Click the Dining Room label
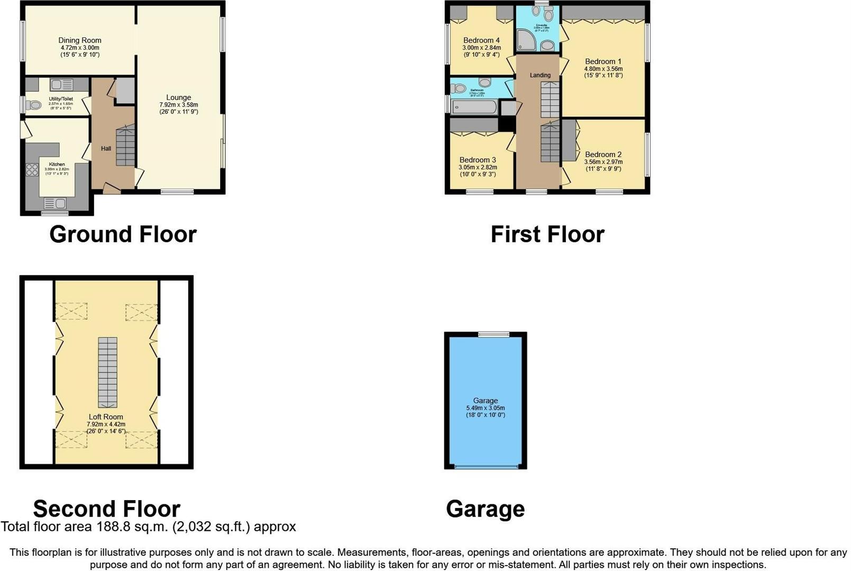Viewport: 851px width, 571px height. (80, 40)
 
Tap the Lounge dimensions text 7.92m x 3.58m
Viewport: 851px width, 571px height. (179, 105)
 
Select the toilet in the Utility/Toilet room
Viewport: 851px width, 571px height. (33, 105)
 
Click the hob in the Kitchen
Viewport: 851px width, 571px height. (32, 170)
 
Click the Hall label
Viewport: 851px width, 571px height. (106, 149)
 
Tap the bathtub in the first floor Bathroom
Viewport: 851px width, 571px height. (474, 107)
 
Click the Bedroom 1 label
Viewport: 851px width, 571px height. (603, 61)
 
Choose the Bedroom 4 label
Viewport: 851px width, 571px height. (481, 40)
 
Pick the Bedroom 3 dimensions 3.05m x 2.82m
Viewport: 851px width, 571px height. (478, 167)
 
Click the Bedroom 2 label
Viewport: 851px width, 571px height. (603, 155)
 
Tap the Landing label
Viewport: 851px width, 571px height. (540, 75)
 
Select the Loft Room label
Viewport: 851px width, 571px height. (106, 417)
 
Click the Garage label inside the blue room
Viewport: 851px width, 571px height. (485, 401)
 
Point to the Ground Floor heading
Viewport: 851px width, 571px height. (123, 234)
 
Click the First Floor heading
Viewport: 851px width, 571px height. (547, 234)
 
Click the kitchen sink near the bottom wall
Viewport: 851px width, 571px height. (54, 203)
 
